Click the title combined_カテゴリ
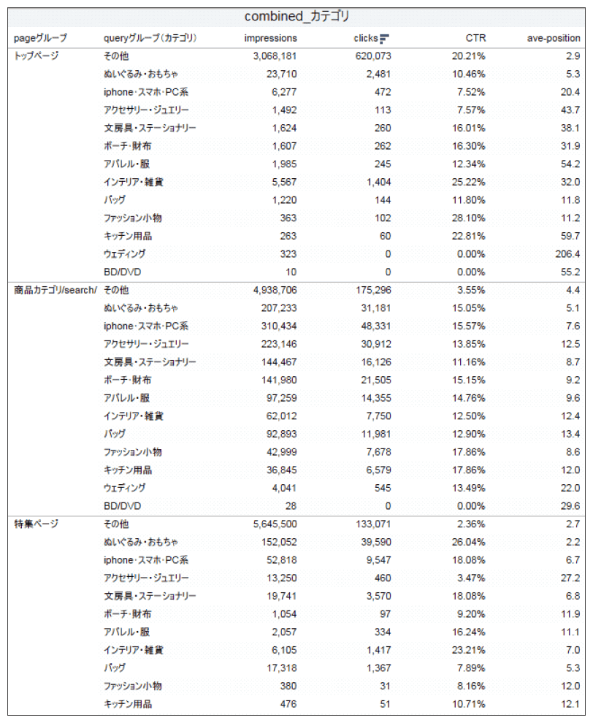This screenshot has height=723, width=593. click(296, 16)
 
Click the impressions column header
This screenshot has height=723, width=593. click(271, 38)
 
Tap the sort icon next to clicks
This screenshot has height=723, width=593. click(385, 39)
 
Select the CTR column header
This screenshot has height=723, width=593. click(475, 38)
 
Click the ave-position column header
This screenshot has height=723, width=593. click(554, 38)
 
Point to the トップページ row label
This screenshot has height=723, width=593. click(36, 56)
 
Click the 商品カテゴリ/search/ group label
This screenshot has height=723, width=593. click(55, 290)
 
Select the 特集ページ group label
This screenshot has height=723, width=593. click(36, 524)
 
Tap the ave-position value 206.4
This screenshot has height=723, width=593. click(567, 254)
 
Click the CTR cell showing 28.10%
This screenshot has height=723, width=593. click(470, 218)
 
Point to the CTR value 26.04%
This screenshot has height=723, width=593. click(470, 542)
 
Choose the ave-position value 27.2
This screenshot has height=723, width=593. click(570, 578)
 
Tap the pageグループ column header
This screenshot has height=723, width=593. click(40, 38)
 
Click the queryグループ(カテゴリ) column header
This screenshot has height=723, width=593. click(150, 38)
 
